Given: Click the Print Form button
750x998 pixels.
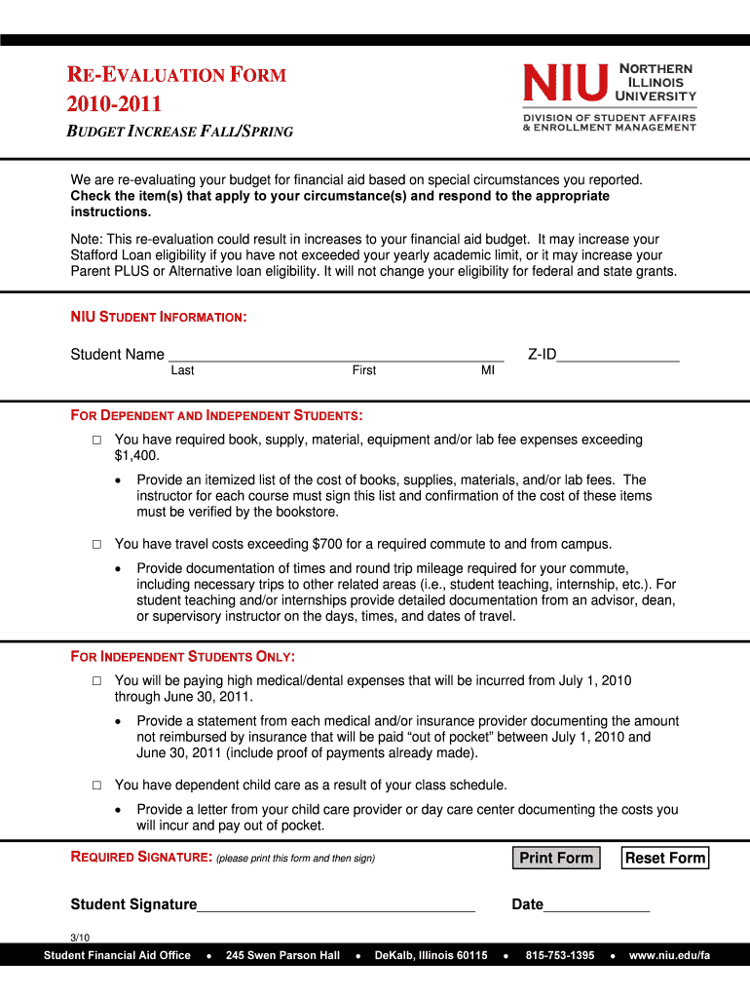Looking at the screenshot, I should point(556,858).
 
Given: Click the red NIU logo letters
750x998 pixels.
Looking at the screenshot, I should point(565,83).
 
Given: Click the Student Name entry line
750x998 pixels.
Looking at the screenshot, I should point(335,355).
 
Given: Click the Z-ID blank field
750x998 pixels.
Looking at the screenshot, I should point(618,355).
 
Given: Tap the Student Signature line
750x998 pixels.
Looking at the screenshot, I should point(336,904).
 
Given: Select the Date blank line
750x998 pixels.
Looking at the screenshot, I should point(596,904).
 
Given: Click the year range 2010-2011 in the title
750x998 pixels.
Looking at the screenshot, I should point(114,104).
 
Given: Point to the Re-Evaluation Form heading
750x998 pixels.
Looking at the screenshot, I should point(176,75).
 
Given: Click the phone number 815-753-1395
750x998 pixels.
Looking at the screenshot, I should point(560,955).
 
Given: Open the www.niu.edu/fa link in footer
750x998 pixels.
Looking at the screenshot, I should point(669,955).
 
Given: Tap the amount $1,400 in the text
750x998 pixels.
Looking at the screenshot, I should point(136,456).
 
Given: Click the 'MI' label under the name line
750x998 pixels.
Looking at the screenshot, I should point(487,370).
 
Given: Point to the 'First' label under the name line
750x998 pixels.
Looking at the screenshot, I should point(364,370).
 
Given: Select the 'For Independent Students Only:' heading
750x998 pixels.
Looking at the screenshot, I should point(183,656).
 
